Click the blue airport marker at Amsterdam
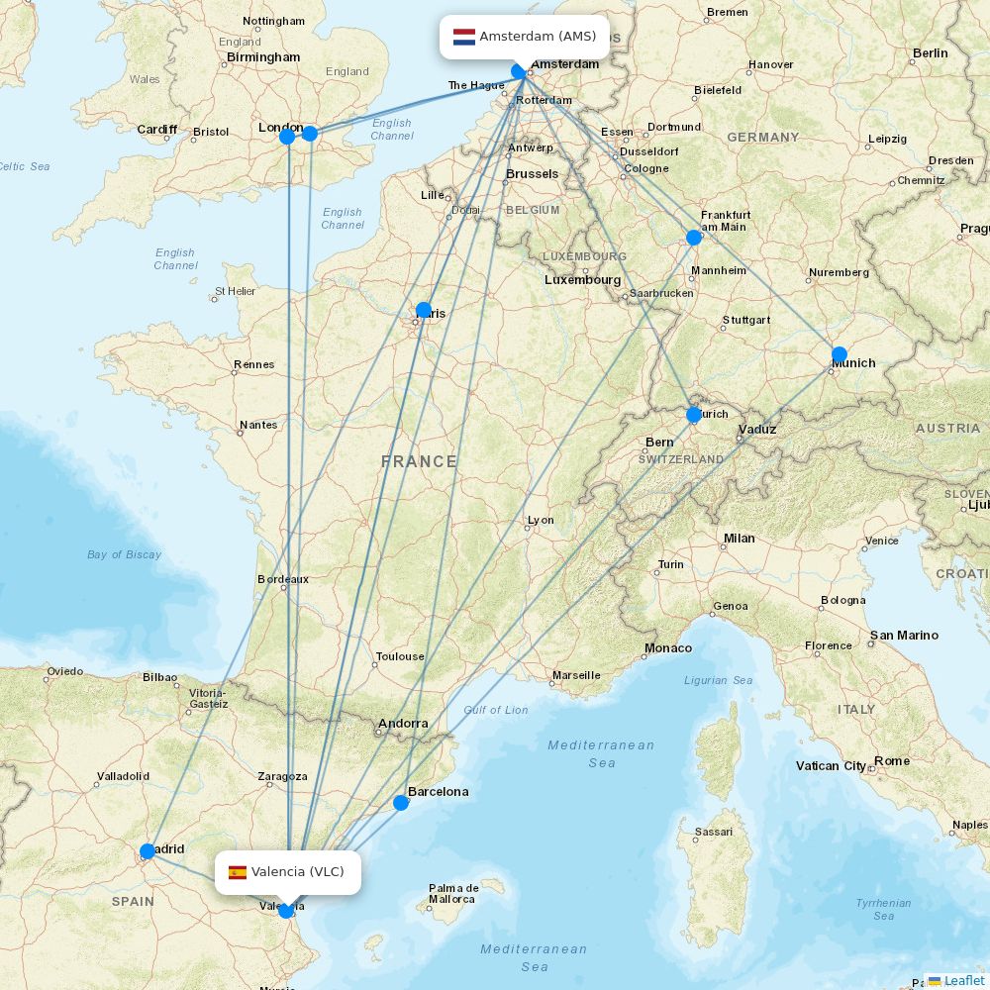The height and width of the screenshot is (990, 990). pos(519,71)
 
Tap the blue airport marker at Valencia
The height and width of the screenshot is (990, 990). pos(286,910)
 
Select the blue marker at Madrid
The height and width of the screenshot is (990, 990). pos(148,851)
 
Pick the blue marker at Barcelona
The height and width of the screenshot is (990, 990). pos(401,802)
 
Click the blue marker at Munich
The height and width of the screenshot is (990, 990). pos(840,354)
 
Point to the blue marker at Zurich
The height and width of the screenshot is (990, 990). pos(694,415)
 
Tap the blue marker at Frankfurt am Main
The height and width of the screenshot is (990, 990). pos(694,238)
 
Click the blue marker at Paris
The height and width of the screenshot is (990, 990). pos(424,310)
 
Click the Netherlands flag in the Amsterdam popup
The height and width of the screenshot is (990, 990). pos(464,38)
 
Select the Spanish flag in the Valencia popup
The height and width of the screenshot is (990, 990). pos(238,872)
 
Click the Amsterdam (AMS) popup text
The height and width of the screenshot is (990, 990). pos(538,37)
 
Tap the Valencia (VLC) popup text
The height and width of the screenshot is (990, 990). pos(297,872)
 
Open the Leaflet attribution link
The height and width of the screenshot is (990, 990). pos(963,980)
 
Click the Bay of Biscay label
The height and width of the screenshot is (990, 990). pos(124,554)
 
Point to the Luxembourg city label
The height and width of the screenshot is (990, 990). pos(582,280)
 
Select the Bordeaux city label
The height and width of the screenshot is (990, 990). pos(283,579)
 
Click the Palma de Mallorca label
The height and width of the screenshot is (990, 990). pos(451,893)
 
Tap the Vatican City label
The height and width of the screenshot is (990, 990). pos(831,766)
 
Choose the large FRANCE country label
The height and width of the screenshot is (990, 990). pos(419,461)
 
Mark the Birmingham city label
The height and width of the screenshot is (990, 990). pos(263,57)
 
